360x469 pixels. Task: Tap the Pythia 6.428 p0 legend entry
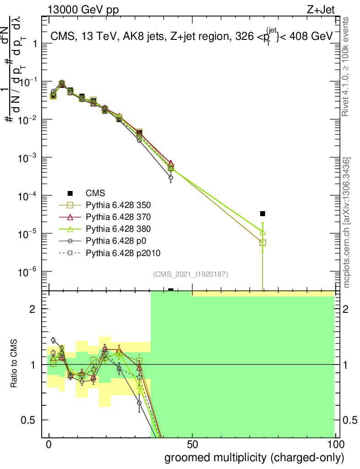coord(119,240)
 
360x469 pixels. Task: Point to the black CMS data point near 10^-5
coord(262,213)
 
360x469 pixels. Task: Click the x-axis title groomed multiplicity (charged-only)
coord(254,457)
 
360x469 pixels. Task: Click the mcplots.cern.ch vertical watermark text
coord(347,222)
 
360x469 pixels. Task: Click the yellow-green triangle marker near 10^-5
coord(262,232)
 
